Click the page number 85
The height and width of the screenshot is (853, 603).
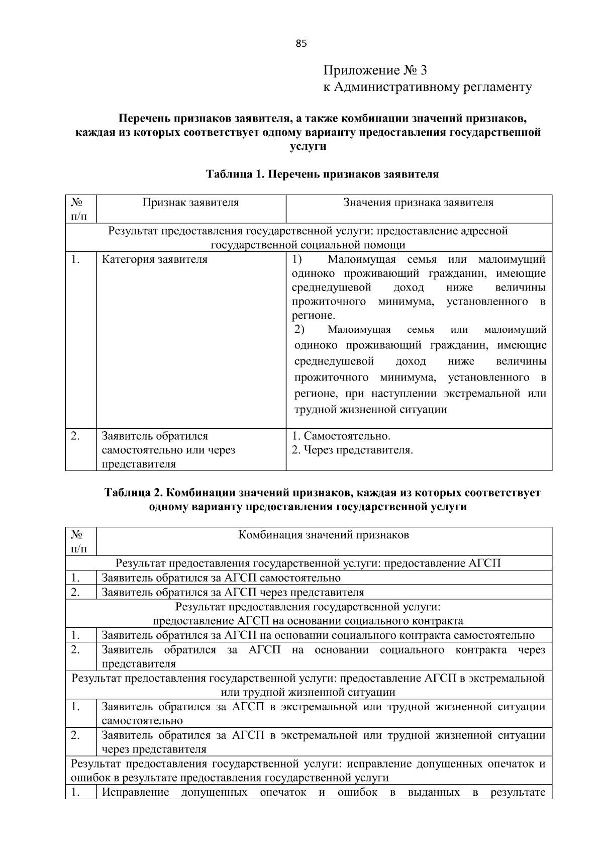point(300,43)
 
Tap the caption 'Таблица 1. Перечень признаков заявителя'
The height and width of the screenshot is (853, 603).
point(322,174)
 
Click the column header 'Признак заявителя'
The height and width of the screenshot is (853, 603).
point(190,203)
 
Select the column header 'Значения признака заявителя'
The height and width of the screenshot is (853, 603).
point(418,203)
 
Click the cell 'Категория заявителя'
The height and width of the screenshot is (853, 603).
point(154,260)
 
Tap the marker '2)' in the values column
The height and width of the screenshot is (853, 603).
point(299,330)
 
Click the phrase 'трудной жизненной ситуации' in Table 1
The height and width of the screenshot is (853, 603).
point(370,409)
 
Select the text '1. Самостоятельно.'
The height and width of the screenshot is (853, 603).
point(341,436)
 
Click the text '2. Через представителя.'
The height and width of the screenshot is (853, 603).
point(352,450)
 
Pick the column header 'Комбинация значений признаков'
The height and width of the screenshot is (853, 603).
point(323,535)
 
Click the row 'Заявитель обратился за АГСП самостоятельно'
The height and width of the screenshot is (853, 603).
point(221,578)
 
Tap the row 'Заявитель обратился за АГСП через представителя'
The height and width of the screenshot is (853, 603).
point(233,592)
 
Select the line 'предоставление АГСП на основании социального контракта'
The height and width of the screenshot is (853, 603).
point(308,621)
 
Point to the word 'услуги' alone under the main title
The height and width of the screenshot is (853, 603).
point(308,147)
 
